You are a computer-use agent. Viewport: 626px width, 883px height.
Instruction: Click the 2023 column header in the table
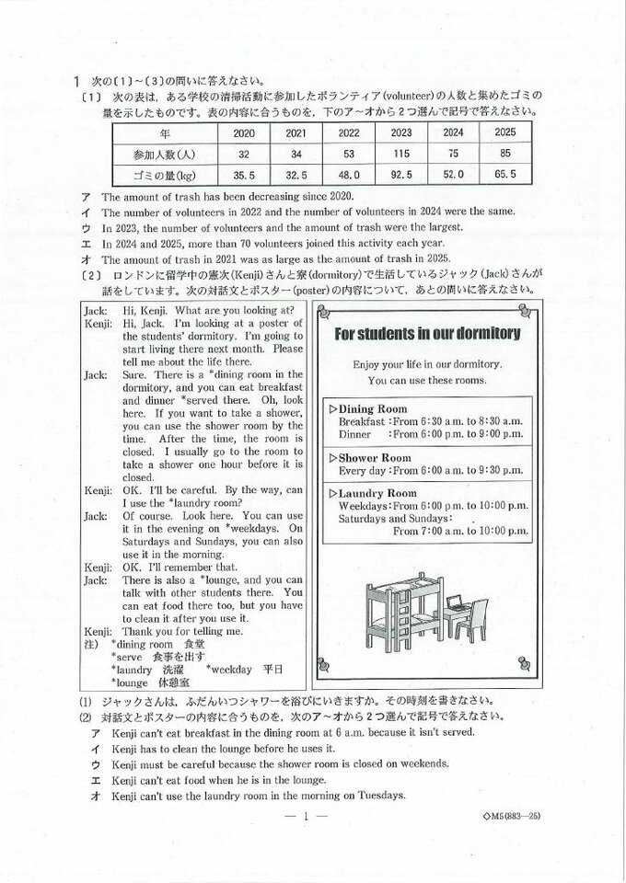pos(399,132)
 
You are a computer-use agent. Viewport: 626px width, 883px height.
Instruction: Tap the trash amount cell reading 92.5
pos(399,174)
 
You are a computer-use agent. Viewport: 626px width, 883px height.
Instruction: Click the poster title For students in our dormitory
pos(426,333)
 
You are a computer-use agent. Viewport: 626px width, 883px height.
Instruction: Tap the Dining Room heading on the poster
pos(373,407)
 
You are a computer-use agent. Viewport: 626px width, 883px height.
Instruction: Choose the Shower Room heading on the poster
pos(374,457)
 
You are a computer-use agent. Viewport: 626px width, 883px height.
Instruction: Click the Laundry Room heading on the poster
pos(377,493)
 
